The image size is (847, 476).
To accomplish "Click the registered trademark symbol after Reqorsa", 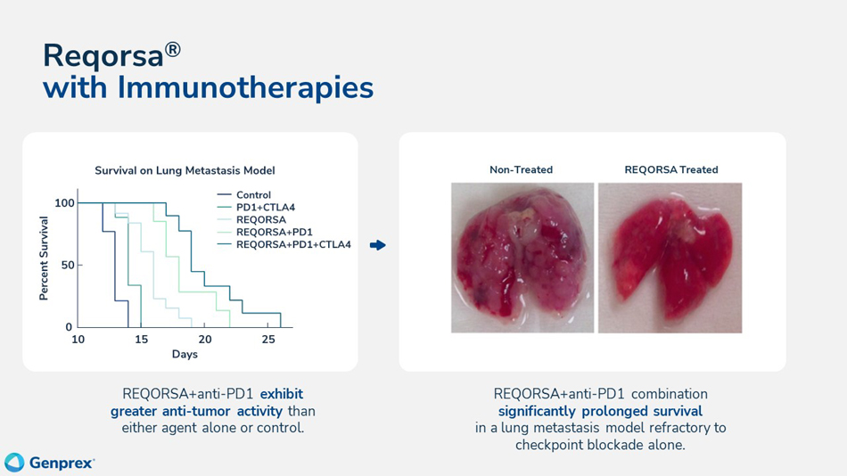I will tap(172, 48).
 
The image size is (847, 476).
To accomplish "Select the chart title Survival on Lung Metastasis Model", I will tap(185, 169).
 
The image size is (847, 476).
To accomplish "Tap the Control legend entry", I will tap(253, 195).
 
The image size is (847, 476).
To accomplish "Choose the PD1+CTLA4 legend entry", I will tap(265, 208).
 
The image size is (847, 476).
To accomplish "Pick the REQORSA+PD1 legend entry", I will tap(274, 232).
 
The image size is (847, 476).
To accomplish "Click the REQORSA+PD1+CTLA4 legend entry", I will tap(293, 244).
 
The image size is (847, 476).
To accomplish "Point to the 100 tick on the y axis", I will tap(64, 203).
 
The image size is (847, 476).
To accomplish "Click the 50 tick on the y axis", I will tap(68, 266).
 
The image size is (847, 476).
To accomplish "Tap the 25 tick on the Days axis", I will tap(268, 340).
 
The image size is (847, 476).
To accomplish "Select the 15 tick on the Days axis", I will tap(141, 340).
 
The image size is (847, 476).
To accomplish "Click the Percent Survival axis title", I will tap(44, 258).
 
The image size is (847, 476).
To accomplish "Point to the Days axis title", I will tap(185, 354).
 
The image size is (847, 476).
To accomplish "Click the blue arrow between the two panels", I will tap(378, 245).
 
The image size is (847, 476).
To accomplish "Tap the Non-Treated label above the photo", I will tap(521, 169).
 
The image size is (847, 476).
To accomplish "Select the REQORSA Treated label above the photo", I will tap(670, 169).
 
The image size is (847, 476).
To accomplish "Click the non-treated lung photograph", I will tap(522, 258).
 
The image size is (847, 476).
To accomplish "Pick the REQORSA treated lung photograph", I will tap(670, 258).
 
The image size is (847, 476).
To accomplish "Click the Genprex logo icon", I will tap(14, 462).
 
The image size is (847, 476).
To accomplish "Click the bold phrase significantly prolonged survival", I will tap(600, 411).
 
